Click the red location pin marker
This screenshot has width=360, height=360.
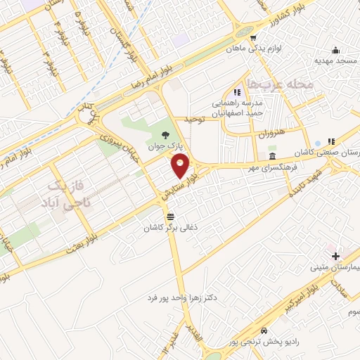[180, 167]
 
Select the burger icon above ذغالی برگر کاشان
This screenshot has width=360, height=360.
[171, 216]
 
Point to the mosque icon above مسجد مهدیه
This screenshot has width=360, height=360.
[335, 50]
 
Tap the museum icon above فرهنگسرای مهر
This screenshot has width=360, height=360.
[273, 157]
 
